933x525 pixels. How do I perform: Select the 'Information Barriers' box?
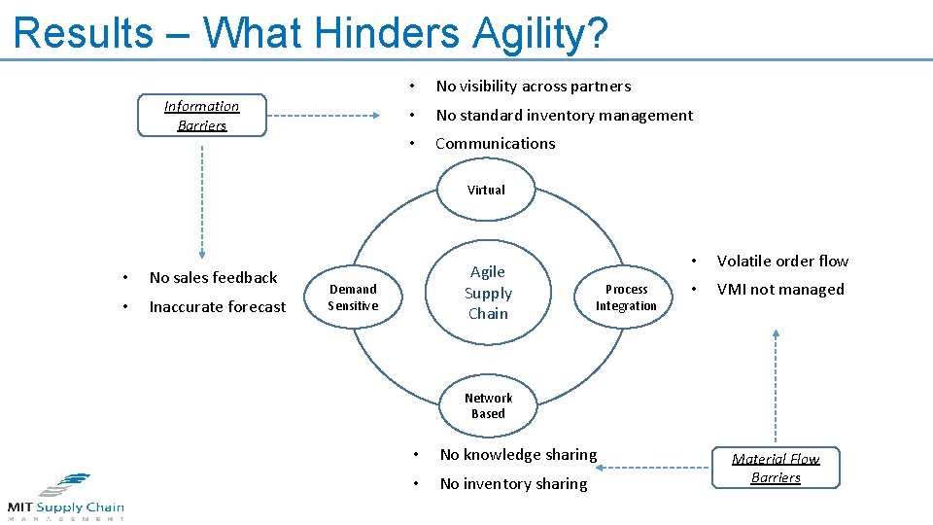click(201, 116)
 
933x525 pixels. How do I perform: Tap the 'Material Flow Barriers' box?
click(776, 468)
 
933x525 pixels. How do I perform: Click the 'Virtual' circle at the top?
click(486, 191)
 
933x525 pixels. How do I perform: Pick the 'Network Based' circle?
click(488, 405)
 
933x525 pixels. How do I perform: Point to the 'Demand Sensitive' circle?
click(353, 297)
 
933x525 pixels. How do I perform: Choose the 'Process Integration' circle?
click(626, 297)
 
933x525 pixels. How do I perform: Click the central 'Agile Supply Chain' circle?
click(488, 293)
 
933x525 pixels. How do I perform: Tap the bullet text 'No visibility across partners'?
click(533, 87)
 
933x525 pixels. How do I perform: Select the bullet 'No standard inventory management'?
click(564, 115)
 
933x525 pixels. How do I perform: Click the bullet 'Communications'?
click(495, 143)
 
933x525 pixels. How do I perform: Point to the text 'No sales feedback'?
click(213, 278)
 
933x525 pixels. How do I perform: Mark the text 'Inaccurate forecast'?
click(218, 307)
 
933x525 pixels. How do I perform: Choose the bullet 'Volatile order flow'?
click(782, 261)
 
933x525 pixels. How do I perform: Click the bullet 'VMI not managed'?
click(780, 289)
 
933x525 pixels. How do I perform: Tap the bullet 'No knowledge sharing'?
click(518, 455)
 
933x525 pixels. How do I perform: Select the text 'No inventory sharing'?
click(513, 484)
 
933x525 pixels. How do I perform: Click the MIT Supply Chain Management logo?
click(65, 497)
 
